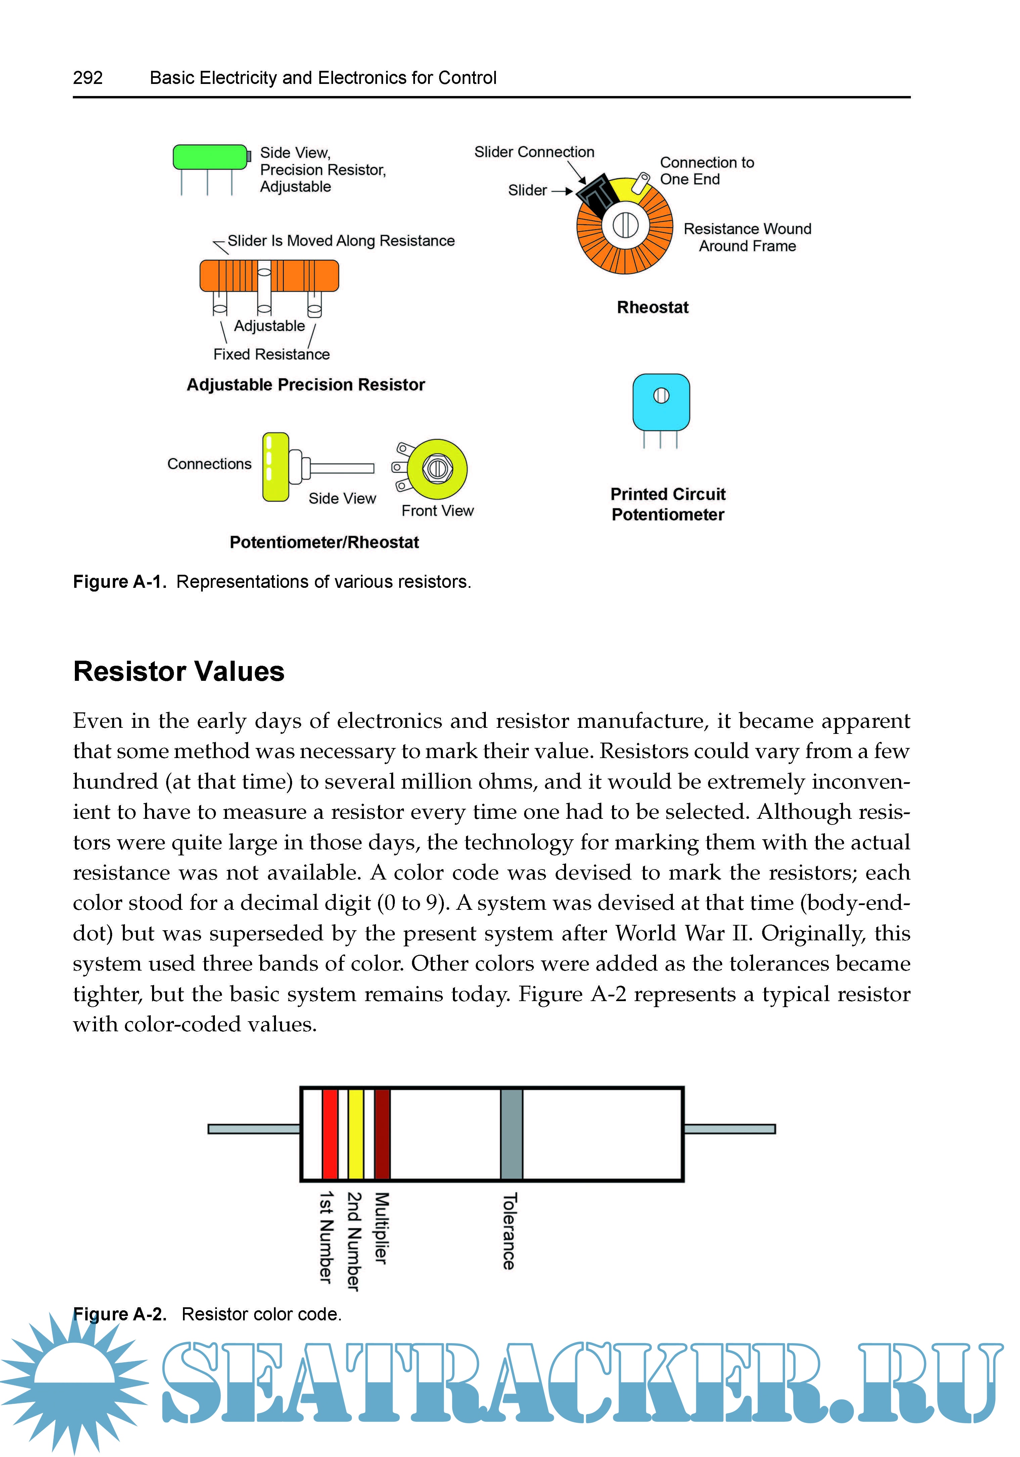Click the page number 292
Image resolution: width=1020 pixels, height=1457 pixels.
pos(88,78)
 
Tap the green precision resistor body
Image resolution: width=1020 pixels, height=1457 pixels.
pos(210,157)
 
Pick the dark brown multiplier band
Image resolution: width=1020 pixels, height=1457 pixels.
pos(382,1133)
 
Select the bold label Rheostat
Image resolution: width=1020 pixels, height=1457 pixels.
pos(652,308)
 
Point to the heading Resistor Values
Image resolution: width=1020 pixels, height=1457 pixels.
pos(179,671)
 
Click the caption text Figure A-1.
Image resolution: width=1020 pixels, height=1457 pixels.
pos(119,582)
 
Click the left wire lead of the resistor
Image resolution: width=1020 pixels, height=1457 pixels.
pos(254,1129)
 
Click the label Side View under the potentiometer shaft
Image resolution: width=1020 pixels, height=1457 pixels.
pos(342,499)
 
